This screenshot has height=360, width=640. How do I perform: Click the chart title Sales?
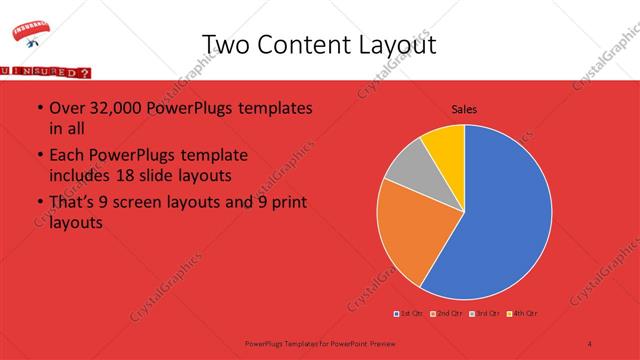pos(464,109)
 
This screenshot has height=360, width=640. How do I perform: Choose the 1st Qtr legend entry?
pos(409,314)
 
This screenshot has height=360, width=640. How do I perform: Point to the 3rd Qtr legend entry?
pos(483,314)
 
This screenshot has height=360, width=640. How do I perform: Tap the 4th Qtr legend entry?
pos(520,314)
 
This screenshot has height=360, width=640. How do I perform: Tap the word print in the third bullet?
pos(287,204)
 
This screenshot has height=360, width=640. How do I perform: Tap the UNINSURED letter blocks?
pos(44,73)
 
